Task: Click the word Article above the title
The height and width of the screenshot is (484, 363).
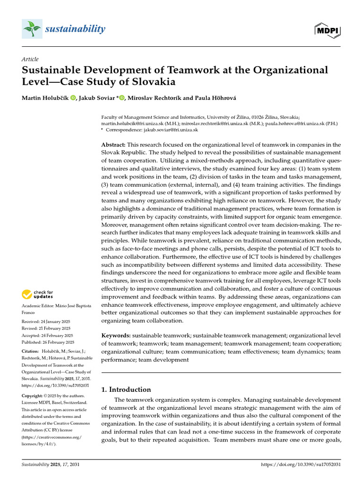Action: click(x=30, y=59)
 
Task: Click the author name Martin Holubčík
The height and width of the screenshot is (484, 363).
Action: click(x=46, y=98)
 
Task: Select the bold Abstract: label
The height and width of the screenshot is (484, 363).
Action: click(x=113, y=144)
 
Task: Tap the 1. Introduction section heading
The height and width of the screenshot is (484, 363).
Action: click(x=127, y=389)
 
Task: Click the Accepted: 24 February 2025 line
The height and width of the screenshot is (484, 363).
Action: click(x=46, y=335)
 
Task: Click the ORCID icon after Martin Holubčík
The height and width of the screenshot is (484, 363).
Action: click(x=73, y=98)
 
